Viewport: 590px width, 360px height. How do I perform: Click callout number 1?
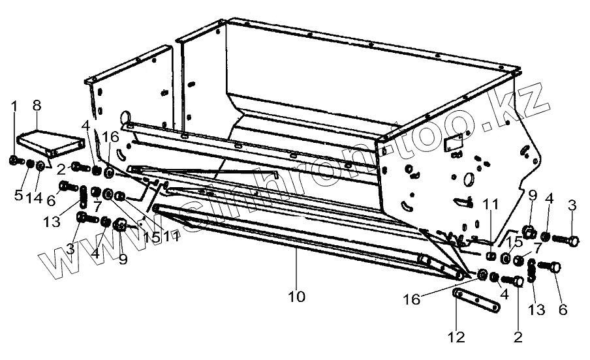point(14,106)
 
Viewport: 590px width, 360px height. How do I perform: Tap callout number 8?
point(37,106)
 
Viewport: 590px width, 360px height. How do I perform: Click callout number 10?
point(296,297)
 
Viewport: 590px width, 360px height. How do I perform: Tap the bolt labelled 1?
point(16,160)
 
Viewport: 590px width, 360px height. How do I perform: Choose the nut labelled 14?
point(40,165)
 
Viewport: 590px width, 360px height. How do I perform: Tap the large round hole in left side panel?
point(124,117)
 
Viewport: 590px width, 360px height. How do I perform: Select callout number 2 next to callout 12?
point(519,338)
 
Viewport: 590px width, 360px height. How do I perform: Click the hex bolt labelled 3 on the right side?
point(571,241)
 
